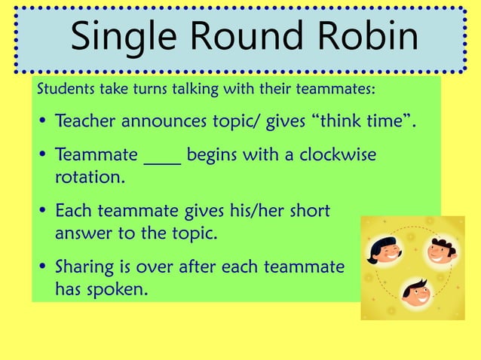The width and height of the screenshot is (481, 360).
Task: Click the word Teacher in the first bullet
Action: [87, 121]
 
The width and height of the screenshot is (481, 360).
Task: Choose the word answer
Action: [81, 233]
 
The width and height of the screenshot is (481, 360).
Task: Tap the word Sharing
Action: [85, 267]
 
